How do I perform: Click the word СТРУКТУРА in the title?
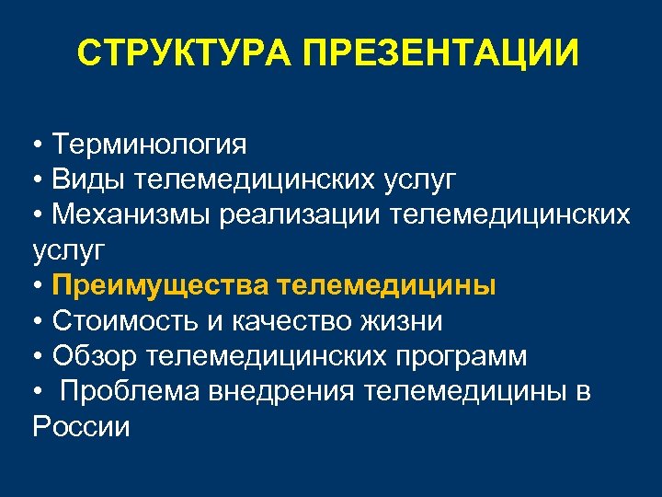pos(187,53)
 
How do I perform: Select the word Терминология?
pos(149,144)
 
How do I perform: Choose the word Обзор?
pos(91,356)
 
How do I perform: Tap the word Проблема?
pos(132,392)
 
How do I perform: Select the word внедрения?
pos(284,392)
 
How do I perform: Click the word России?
pos(82,427)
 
